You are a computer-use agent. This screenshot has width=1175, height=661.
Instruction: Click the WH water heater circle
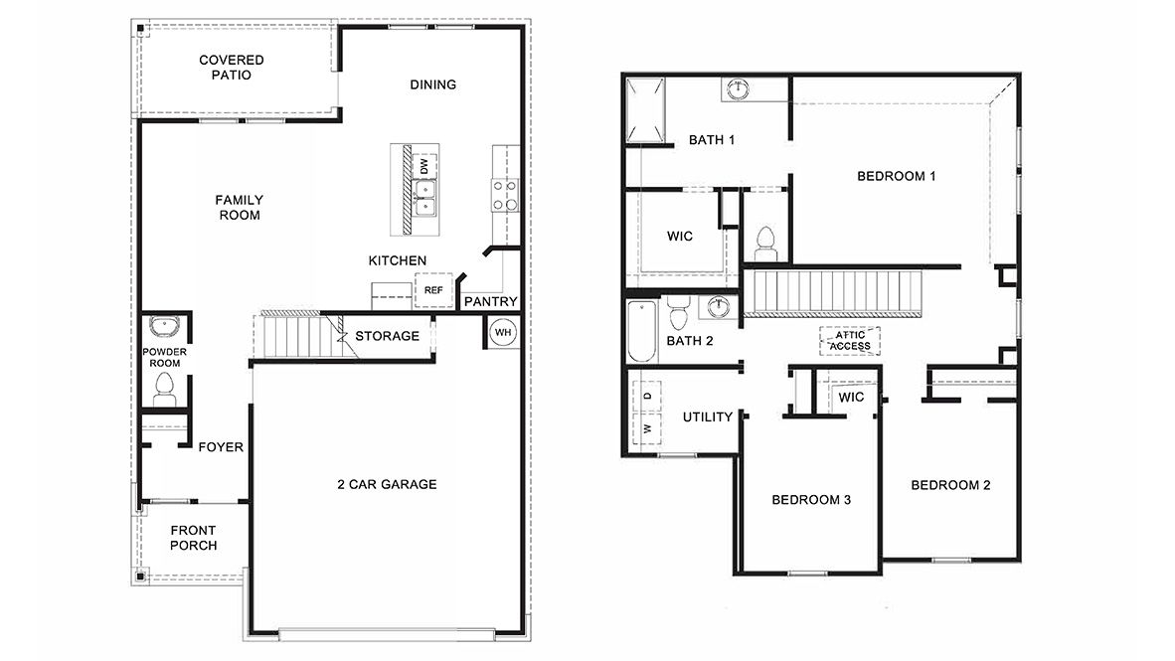[x=503, y=332]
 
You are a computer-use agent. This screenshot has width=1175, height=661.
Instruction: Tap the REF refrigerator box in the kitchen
[x=433, y=290]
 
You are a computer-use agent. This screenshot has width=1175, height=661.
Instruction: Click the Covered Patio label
[x=232, y=68]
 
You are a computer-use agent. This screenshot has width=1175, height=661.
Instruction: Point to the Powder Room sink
[x=162, y=327]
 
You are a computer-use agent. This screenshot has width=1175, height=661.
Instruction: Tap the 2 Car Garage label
[x=387, y=485]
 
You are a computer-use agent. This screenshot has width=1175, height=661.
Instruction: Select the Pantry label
[x=491, y=301]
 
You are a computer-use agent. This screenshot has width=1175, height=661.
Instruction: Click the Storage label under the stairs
[x=387, y=336]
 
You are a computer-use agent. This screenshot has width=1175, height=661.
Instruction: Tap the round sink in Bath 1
[x=737, y=89]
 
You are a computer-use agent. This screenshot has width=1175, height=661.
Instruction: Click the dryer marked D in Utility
[x=647, y=396]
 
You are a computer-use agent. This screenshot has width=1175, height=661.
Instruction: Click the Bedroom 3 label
[x=811, y=499]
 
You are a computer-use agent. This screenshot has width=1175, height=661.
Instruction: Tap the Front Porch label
[x=194, y=538]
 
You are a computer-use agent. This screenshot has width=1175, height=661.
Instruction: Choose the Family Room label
[x=240, y=207]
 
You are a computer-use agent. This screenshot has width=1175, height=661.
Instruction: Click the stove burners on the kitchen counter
[x=504, y=195]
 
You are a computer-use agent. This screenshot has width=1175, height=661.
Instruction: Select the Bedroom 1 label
[x=897, y=176]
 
